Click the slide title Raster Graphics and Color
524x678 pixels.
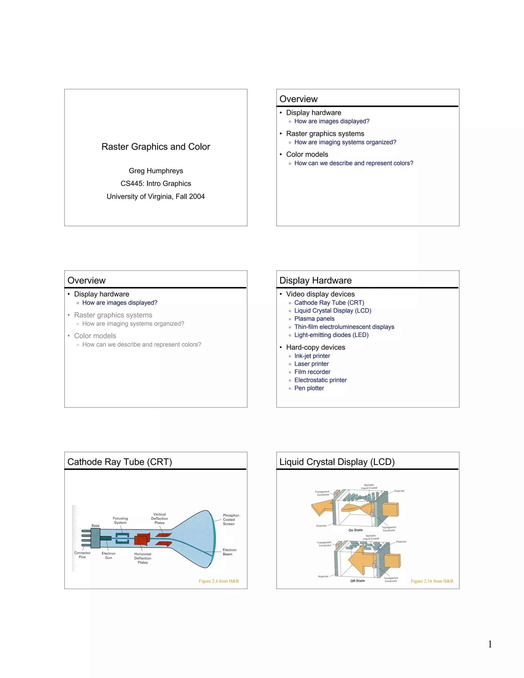click(156, 147)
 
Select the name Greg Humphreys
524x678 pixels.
click(156, 171)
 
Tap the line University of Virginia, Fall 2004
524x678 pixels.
click(156, 196)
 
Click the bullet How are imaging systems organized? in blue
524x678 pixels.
click(345, 142)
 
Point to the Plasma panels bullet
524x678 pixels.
click(314, 319)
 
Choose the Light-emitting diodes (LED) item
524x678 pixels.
click(331, 335)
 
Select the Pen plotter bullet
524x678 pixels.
click(309, 388)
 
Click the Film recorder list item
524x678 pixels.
click(312, 372)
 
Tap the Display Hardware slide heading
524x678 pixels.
click(315, 280)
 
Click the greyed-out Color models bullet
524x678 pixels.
click(95, 336)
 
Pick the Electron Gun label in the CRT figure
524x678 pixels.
click(108, 555)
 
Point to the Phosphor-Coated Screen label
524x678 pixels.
click(231, 519)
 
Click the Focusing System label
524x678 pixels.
click(120, 520)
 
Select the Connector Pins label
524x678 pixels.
click(82, 555)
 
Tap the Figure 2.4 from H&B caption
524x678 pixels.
click(219, 581)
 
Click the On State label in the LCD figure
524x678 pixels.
click(355, 530)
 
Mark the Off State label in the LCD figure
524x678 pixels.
click(357, 581)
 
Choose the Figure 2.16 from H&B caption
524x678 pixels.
click(432, 581)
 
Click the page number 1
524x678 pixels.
click(490, 644)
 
